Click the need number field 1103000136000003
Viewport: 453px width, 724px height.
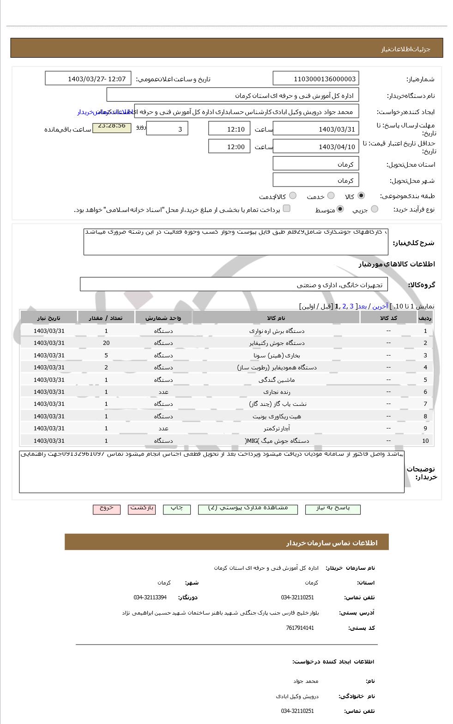coord(316,79)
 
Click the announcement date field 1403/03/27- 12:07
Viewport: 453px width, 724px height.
coord(88,79)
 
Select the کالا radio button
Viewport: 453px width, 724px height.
coord(361,196)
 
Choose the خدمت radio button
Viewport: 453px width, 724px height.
coord(331,196)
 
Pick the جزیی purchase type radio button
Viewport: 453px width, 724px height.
coord(374,209)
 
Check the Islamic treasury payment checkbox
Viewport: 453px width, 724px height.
coord(286,209)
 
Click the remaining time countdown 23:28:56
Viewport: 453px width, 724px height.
coord(112,126)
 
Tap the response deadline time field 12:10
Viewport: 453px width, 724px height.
coord(229,129)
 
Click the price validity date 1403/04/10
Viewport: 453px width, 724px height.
coord(316,147)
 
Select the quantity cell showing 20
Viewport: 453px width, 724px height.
coord(106,343)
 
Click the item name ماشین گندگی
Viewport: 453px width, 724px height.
coord(277,380)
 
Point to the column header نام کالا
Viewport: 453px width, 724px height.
coord(276,318)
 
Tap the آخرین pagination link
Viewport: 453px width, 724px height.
coord(380,306)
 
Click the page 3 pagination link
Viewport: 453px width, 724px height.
coord(351,306)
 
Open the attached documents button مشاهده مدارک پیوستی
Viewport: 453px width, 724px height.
coord(248,508)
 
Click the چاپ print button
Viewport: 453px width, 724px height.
coord(177,508)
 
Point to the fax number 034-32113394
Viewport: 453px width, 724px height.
coord(150,597)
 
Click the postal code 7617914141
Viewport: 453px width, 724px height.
coord(300,628)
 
